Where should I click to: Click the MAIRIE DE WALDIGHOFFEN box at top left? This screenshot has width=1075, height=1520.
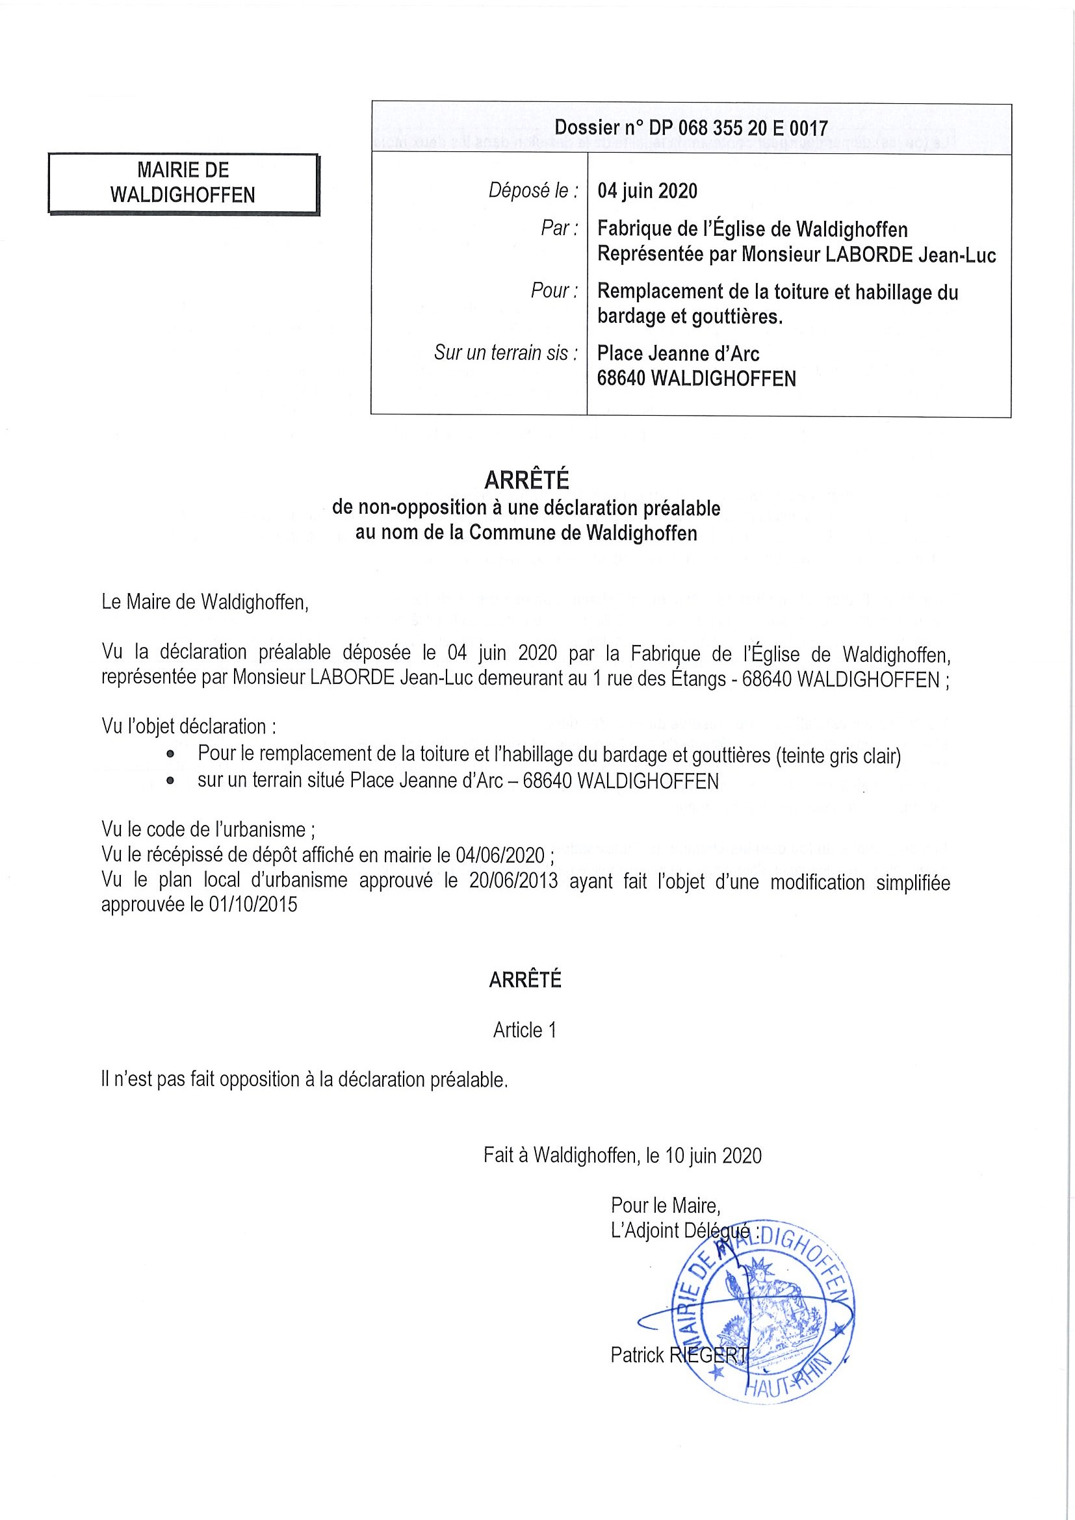click(x=183, y=183)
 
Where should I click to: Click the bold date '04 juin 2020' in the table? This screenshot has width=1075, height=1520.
click(x=647, y=192)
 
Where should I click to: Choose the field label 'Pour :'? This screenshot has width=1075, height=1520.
click(x=554, y=290)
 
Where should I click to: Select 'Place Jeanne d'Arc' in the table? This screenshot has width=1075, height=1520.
click(x=678, y=353)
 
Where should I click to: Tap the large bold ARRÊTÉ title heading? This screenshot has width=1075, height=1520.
click(x=526, y=479)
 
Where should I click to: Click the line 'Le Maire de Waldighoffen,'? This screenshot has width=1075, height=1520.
click(x=205, y=602)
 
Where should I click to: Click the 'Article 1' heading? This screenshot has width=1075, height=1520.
click(x=525, y=1030)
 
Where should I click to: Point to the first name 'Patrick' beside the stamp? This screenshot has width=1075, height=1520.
click(x=637, y=1355)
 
